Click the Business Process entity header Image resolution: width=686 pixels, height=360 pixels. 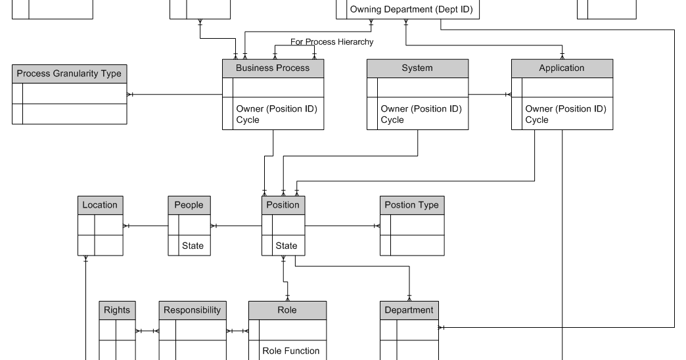click(x=273, y=68)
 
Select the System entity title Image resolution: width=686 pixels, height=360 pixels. click(x=417, y=68)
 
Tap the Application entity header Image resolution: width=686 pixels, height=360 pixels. click(x=562, y=68)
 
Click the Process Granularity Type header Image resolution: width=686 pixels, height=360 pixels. click(x=69, y=74)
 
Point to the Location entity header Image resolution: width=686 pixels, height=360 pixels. click(x=100, y=205)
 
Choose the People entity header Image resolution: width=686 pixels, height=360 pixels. click(x=189, y=205)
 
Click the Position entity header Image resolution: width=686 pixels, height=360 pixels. click(x=283, y=205)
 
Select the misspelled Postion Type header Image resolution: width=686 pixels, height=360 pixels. click(x=411, y=205)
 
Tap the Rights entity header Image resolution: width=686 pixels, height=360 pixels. click(x=117, y=310)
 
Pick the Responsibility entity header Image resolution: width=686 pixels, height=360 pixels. click(x=192, y=310)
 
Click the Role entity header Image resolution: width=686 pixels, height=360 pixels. click(x=287, y=310)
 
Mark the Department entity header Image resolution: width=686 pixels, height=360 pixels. click(x=409, y=310)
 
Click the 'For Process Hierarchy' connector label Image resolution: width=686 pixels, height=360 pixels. click(x=332, y=42)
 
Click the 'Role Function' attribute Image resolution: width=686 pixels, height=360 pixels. click(x=291, y=351)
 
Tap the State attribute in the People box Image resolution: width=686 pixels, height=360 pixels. click(x=193, y=246)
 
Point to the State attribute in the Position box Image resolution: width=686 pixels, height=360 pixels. click(x=286, y=246)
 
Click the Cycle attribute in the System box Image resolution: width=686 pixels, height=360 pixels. click(x=392, y=120)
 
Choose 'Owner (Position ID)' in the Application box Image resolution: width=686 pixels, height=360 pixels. click(x=565, y=109)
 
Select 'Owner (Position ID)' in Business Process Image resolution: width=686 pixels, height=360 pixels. click(x=276, y=109)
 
